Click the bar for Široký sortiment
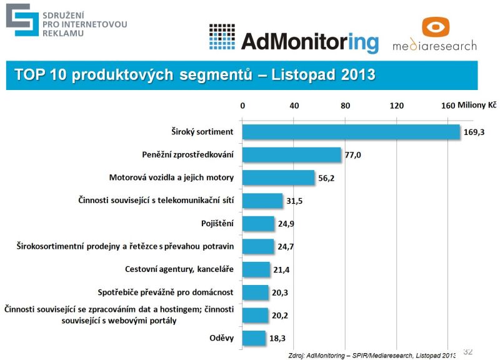click(x=351, y=132)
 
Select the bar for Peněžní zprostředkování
click(x=291, y=154)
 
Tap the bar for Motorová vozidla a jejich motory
click(x=278, y=177)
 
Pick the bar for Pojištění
click(x=258, y=223)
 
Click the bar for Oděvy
click(x=254, y=338)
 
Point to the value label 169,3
click(x=475, y=132)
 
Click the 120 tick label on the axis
click(x=396, y=106)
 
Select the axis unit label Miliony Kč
click(x=477, y=106)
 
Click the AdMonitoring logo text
click(x=309, y=41)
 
